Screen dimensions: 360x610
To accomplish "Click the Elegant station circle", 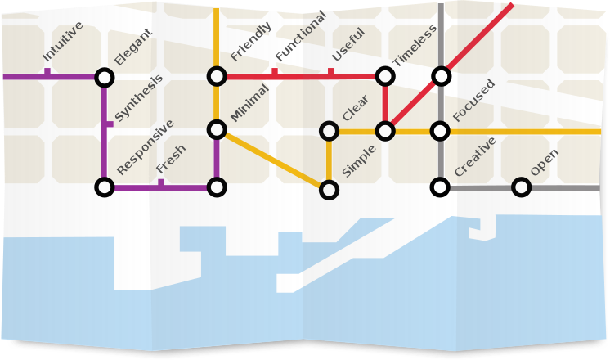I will click(x=104, y=77).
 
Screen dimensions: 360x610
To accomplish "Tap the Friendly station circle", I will click(x=217, y=77).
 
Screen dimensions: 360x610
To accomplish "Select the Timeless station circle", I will click(x=385, y=77).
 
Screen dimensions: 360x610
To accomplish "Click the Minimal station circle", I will click(x=217, y=129).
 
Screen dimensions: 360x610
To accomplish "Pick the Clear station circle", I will click(x=329, y=131).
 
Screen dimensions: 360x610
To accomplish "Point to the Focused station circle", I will click(x=441, y=131).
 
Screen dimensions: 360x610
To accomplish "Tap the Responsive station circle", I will click(x=104, y=187).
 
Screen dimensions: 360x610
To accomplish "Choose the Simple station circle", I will click(x=329, y=190).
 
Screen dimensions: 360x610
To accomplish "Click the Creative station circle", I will click(x=441, y=187).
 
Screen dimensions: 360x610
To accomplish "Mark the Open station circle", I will click(x=521, y=187).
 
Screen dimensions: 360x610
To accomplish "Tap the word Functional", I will click(x=301, y=37).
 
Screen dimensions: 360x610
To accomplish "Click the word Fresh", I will click(x=171, y=160).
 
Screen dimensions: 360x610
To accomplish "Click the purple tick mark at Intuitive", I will click(x=47, y=73).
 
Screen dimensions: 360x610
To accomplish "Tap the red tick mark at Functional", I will click(x=275, y=73).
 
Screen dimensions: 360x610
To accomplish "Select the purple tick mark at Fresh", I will click(x=161, y=183).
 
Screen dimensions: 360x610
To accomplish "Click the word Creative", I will click(x=475, y=156).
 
